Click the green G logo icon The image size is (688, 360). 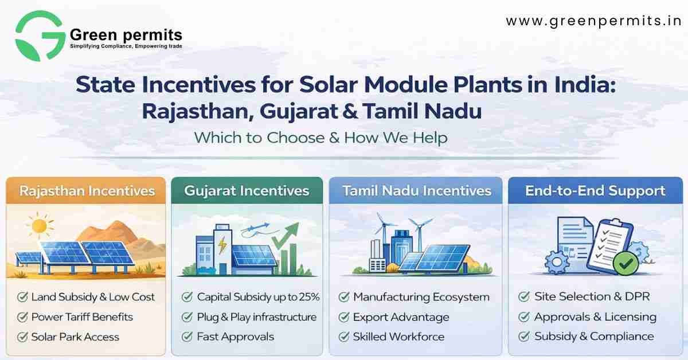click(40, 36)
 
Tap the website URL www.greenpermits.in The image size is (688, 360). click(593, 22)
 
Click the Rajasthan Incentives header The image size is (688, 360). click(86, 190)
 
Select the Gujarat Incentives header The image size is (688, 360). click(247, 190)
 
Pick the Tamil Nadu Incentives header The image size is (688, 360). click(416, 190)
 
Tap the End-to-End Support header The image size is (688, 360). click(595, 190)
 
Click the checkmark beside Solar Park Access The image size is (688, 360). click(23, 336)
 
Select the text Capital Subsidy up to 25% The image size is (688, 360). click(258, 297)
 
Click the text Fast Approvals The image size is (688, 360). click(235, 336)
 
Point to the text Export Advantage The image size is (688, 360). click(401, 317)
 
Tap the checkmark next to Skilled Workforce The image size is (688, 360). click(345, 336)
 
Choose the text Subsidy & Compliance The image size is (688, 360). click(593, 336)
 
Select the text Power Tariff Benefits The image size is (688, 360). click(82, 317)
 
